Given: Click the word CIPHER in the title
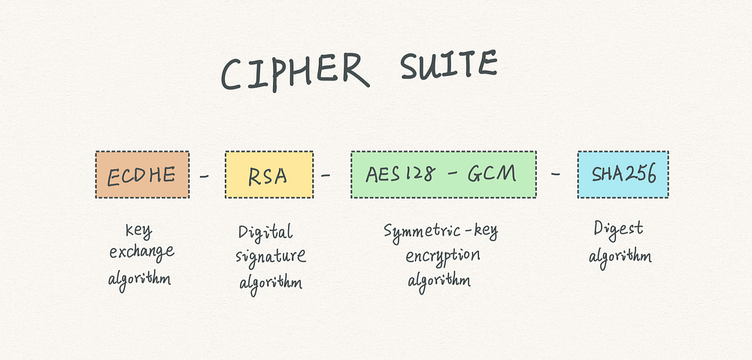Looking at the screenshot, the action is click(295, 72).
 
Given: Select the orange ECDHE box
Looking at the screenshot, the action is click(142, 174).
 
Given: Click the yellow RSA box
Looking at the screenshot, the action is click(269, 174).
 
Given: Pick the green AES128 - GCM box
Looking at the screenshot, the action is click(444, 174).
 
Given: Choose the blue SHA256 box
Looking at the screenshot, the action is click(623, 174).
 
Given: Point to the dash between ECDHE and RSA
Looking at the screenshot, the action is click(205, 177).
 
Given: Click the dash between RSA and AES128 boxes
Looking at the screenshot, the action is click(326, 175).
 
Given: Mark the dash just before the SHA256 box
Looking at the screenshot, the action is click(556, 174).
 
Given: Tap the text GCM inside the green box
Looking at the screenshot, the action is click(492, 174).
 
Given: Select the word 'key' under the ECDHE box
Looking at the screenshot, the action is click(139, 231).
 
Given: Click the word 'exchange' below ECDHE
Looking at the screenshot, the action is click(141, 252).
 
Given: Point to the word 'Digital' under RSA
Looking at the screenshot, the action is click(265, 232).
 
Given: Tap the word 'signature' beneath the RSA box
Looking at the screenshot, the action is click(271, 256).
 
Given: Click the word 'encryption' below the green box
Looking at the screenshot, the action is click(443, 256).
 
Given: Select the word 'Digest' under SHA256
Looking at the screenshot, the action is click(618, 229).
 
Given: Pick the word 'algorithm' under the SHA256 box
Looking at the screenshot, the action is click(620, 257).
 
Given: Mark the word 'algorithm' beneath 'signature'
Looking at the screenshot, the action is click(271, 282).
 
